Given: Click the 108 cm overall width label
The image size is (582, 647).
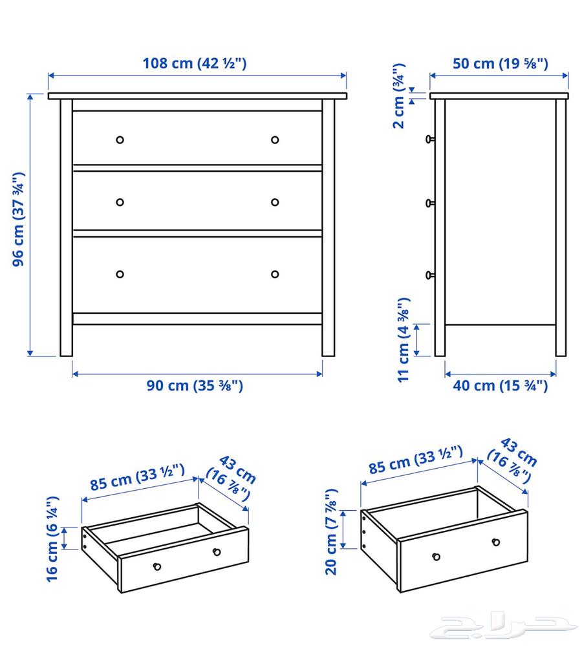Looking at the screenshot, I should [x=195, y=63].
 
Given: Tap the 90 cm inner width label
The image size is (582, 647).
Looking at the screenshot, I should [x=194, y=386].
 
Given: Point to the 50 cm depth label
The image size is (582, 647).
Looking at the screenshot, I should [x=500, y=63].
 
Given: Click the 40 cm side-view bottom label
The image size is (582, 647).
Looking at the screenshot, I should [x=500, y=386].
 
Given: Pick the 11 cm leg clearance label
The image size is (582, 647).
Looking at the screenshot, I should [x=404, y=340].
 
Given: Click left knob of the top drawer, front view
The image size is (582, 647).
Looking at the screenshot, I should [x=120, y=139].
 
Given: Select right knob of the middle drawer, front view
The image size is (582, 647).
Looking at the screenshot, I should [x=275, y=202].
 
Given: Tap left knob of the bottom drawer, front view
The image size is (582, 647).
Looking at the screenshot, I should [x=120, y=274].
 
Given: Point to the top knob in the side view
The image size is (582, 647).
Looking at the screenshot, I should [x=429, y=138].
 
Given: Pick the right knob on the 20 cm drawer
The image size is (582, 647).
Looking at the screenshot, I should [x=496, y=542].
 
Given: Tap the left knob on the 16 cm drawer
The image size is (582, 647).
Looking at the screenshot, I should [x=156, y=566].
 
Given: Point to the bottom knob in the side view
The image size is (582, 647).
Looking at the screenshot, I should [x=429, y=275].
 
